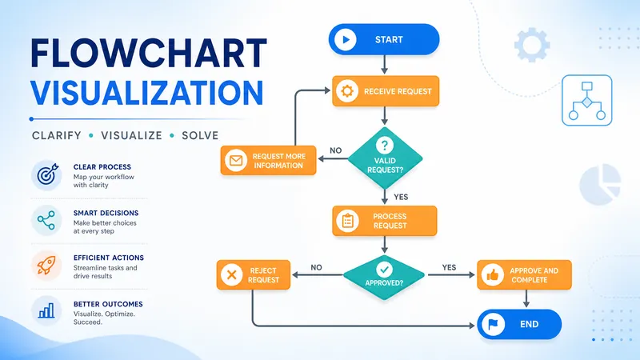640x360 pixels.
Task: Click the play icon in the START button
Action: [346, 39]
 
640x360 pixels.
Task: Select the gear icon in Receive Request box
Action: [347, 91]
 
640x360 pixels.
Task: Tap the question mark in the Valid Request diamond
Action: [385, 145]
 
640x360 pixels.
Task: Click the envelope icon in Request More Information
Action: [236, 161]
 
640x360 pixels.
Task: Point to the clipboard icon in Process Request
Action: [348, 221]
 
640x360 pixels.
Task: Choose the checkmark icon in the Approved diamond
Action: [384, 270]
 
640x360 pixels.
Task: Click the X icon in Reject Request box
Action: [231, 274]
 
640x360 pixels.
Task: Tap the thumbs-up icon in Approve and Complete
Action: [492, 275]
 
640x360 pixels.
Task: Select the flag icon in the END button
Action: [493, 325]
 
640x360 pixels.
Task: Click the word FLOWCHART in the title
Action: [149, 54]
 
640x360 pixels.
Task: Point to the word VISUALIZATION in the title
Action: [147, 93]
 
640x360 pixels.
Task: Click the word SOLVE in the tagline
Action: [200, 135]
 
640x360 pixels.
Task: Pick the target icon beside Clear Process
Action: [47, 175]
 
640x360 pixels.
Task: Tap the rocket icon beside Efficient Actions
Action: [46, 266]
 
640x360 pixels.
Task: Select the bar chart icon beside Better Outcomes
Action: [46, 310]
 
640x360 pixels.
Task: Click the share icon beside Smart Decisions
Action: [46, 221]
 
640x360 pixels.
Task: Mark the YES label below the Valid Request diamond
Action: [401, 197]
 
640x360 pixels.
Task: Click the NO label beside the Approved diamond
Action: [316, 267]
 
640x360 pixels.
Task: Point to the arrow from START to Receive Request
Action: [384, 65]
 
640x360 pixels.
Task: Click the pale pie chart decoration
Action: [600, 184]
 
